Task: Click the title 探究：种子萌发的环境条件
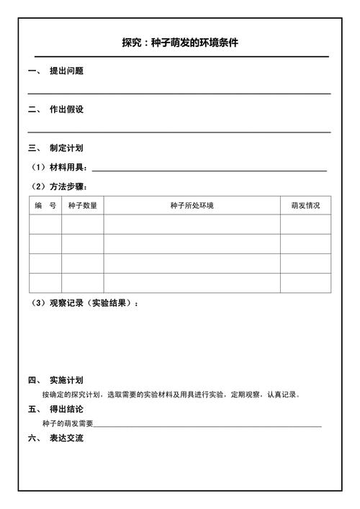(x=180, y=42)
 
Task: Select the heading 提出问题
(x=66, y=71)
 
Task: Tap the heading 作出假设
(x=66, y=109)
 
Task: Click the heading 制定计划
(x=66, y=148)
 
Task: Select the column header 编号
(x=45, y=205)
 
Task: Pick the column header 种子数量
(x=83, y=205)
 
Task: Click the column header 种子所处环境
(x=192, y=205)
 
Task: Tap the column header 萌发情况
(x=305, y=205)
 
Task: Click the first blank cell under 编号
(x=45, y=225)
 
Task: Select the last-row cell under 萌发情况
(x=305, y=283)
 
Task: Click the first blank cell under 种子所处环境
(x=192, y=225)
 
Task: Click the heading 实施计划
(x=66, y=380)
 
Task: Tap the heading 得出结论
(x=66, y=409)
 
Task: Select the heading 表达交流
(x=66, y=438)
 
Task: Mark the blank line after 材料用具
(x=209, y=168)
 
